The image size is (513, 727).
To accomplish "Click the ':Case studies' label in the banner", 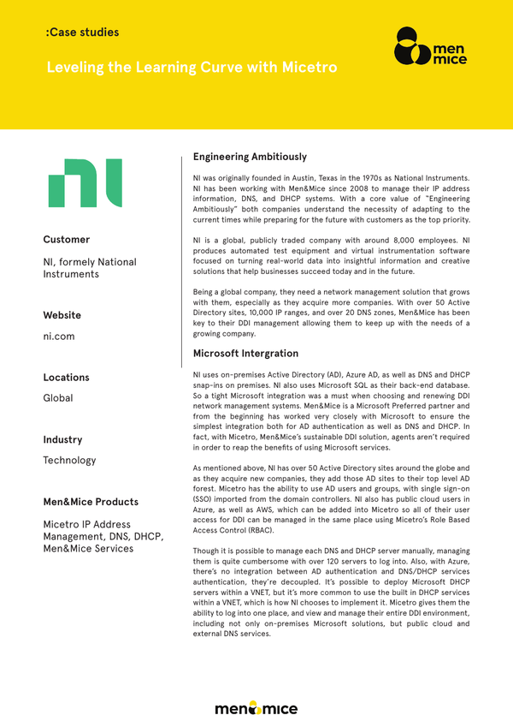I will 82,33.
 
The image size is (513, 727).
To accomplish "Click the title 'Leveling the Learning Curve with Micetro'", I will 192,67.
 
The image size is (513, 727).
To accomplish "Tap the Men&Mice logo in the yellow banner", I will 432,47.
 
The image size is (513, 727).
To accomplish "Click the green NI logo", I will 85,182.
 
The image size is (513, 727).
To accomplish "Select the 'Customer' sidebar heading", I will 67,240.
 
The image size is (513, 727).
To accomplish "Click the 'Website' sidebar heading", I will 62,315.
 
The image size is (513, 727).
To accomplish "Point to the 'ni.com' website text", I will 59,337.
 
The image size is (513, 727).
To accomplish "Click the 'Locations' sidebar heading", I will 66,378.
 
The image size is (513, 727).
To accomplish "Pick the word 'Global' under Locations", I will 58,398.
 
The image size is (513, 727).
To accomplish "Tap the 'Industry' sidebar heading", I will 62,440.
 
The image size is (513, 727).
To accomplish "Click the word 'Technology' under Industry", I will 69,461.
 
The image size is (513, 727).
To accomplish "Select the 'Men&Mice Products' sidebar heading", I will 91,502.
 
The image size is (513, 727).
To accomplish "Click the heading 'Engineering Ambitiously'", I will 250,157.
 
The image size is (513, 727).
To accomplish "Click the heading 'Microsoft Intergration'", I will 245,354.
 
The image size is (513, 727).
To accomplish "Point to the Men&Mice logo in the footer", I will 256,708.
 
